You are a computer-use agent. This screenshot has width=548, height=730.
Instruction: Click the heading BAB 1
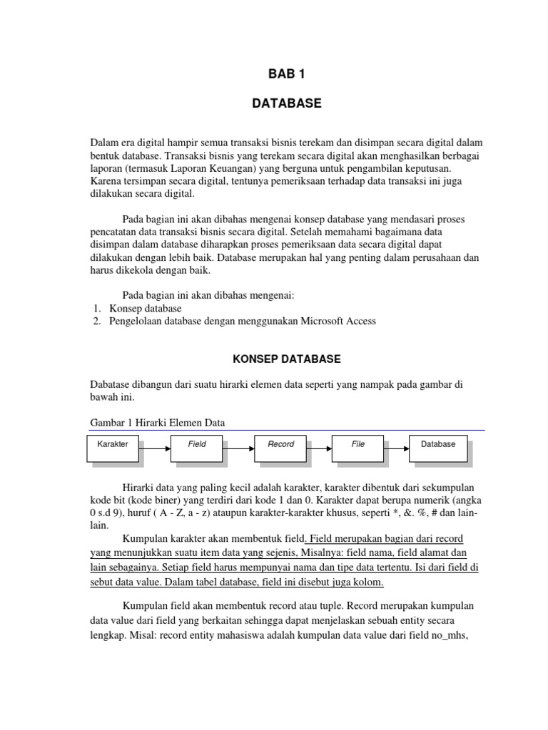click(x=286, y=74)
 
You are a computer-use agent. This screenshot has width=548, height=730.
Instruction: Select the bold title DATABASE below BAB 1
click(x=286, y=104)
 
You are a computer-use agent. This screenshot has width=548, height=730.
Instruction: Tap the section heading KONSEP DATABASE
click(x=286, y=359)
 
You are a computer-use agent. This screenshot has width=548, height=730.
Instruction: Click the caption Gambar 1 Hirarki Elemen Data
click(x=157, y=423)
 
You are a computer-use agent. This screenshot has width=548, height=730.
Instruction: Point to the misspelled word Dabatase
click(x=111, y=384)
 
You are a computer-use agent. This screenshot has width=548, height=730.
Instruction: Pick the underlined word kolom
click(x=367, y=582)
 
